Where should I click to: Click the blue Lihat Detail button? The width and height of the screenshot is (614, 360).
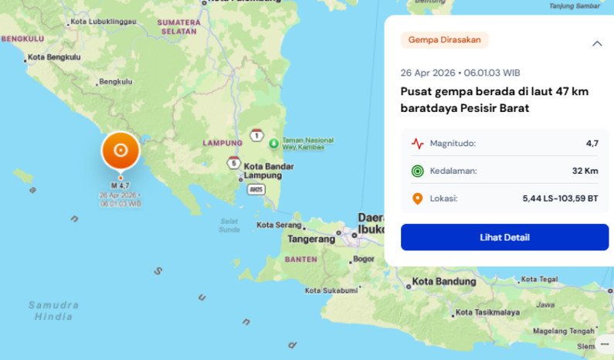pyautogui.click(x=504, y=237)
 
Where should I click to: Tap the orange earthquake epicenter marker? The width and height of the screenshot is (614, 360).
pyautogui.click(x=120, y=150)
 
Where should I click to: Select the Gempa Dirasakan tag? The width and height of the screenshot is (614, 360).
pyautogui.click(x=444, y=40)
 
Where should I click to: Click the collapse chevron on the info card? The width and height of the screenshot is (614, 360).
pyautogui.click(x=597, y=43)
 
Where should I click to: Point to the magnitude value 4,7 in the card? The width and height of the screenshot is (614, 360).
pyautogui.click(x=592, y=143)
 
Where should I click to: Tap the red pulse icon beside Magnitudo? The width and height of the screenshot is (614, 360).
pyautogui.click(x=417, y=143)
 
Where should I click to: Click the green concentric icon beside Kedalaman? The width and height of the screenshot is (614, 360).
pyautogui.click(x=417, y=171)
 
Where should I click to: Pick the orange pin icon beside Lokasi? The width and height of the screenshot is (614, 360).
pyautogui.click(x=417, y=199)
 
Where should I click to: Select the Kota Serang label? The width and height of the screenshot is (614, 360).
pyautogui.click(x=279, y=225)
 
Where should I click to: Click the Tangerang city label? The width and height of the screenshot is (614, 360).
pyautogui.click(x=311, y=239)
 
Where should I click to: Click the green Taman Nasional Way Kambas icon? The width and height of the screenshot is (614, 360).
pyautogui.click(x=273, y=143)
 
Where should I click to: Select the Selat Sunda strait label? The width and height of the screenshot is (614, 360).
pyautogui.click(x=229, y=225)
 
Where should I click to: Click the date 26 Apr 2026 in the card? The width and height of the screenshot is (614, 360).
pyautogui.click(x=427, y=73)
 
